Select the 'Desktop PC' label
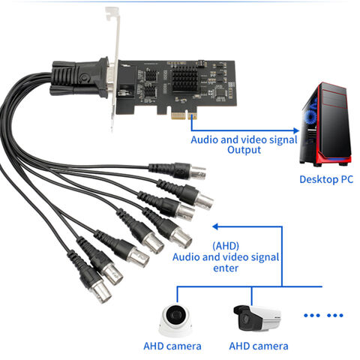(x=326, y=179)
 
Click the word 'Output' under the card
(x=244, y=150)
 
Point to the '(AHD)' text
(x=226, y=245)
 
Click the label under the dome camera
(x=172, y=346)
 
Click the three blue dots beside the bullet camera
(x=321, y=315)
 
